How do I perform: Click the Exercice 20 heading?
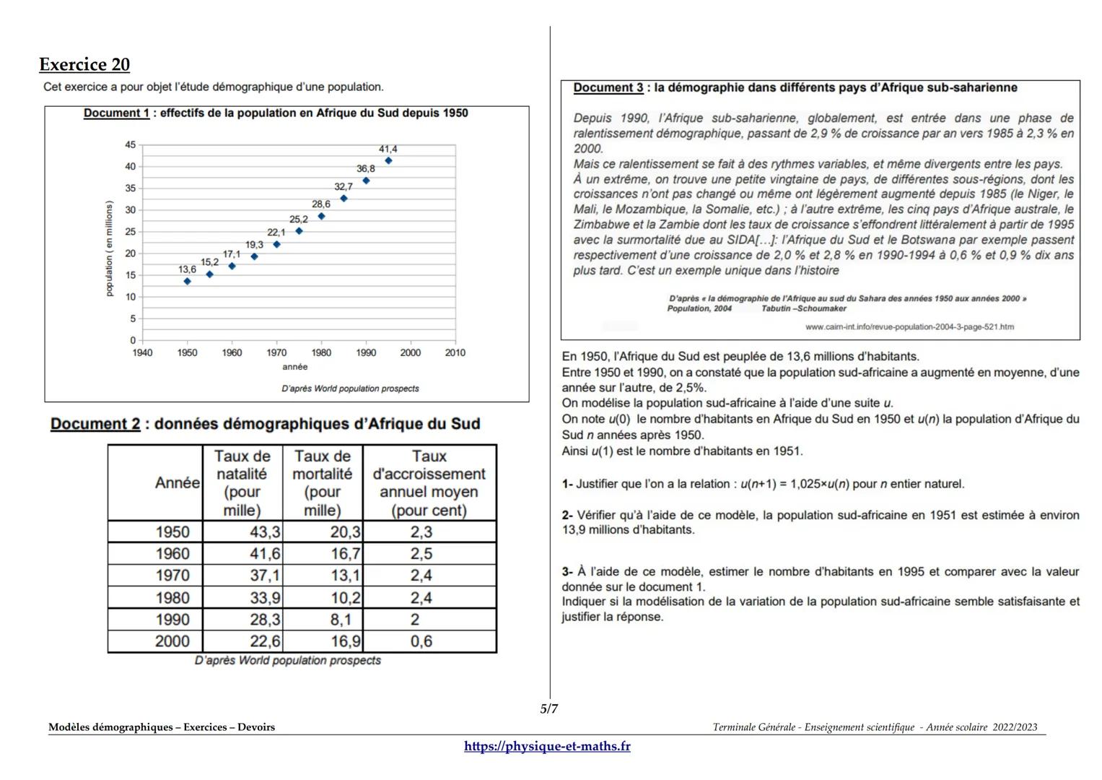[84, 65]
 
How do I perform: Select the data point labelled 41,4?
[388, 161]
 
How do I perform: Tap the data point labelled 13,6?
[187, 281]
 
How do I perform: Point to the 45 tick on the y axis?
[130, 145]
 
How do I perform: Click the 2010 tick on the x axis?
[455, 352]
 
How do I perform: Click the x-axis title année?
[294, 367]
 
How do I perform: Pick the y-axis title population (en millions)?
[110, 248]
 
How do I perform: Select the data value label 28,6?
[321, 204]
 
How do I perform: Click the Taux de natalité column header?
[242, 482]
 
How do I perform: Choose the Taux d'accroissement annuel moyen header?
[429, 482]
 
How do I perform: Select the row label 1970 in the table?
[172, 576]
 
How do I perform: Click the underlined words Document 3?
[608, 88]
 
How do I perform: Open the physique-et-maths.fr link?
[547, 746]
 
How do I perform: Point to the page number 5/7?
[549, 708]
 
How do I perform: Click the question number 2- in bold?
[567, 516]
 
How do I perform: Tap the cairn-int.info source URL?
[909, 327]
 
